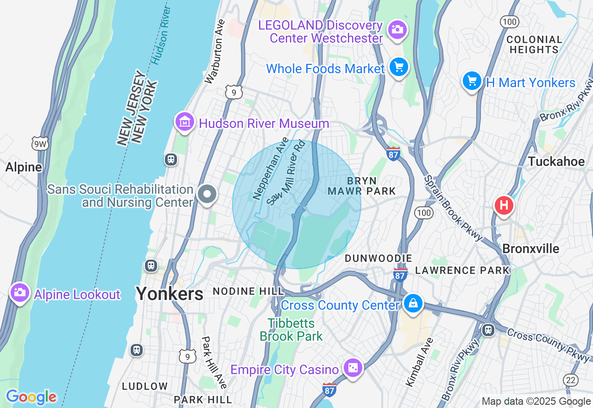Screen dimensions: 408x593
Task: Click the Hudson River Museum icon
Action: click(184, 122)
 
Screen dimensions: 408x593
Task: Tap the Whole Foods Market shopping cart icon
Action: click(398, 68)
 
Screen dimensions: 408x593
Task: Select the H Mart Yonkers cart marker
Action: click(472, 81)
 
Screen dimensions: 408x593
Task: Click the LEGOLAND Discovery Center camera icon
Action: click(397, 30)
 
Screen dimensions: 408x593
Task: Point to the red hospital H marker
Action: click(504, 205)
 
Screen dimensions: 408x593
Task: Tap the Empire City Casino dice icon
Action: click(353, 368)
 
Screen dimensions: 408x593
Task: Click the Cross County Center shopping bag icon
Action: click(412, 304)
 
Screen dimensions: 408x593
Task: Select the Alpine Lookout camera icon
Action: click(19, 293)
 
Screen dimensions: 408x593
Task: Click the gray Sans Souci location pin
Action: click(207, 194)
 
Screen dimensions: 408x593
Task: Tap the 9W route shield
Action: click(40, 144)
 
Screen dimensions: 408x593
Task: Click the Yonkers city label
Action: click(169, 293)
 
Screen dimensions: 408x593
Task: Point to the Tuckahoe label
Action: click(556, 161)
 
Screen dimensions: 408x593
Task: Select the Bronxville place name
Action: click(530, 249)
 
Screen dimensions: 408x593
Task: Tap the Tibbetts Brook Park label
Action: click(291, 330)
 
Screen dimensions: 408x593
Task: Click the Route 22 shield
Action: click(571, 380)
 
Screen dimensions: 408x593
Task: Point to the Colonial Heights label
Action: click(535, 45)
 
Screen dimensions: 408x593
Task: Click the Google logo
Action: click(31, 397)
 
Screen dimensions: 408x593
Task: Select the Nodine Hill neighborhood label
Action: click(248, 291)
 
